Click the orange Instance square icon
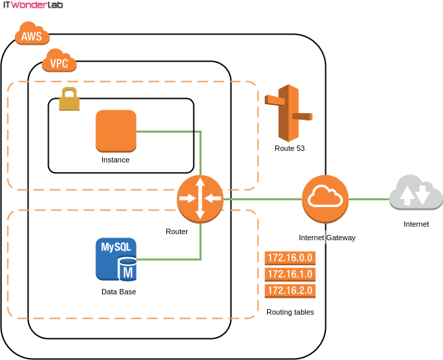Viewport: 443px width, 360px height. click(116, 131)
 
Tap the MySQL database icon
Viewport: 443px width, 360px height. click(116, 258)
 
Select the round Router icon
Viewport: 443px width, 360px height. click(200, 198)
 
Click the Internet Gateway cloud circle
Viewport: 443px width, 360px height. click(324, 200)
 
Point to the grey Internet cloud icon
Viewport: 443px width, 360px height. click(415, 194)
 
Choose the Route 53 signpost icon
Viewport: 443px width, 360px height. click(289, 112)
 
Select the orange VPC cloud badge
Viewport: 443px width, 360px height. click(60, 63)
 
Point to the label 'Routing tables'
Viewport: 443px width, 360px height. click(290, 312)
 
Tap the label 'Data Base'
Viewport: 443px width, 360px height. click(118, 292)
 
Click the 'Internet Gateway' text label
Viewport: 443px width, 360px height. click(327, 238)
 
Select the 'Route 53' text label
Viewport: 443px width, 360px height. click(289, 148)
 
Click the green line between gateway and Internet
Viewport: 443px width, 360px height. click(368, 200)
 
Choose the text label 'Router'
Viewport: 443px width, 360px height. click(177, 231)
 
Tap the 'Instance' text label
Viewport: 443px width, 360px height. click(115, 160)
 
